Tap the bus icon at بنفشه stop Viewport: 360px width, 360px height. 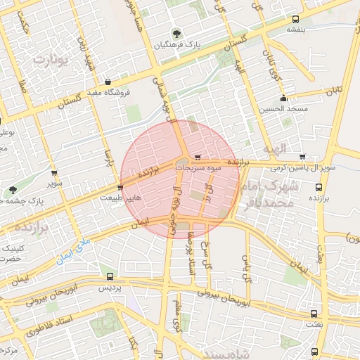(295, 19)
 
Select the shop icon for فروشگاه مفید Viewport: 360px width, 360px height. (107, 82)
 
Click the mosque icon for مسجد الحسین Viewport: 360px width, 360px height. (283, 98)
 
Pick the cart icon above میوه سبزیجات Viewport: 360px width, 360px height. (198, 157)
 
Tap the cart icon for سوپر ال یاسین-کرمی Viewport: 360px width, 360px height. (302, 157)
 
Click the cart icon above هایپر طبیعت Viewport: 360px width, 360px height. (120, 188)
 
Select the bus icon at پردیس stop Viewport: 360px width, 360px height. (109, 276)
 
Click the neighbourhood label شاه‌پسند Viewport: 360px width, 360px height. (225, 352)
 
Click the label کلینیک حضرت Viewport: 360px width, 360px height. (13, 254)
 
